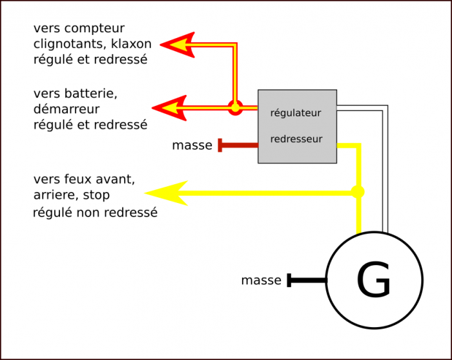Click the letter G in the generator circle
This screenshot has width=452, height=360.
coord(374,281)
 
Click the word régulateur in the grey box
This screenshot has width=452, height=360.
coord(296,113)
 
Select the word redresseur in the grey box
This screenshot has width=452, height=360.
coord(296,139)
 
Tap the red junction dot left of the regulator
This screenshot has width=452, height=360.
coord(236,108)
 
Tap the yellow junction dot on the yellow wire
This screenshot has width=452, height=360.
coord(357,192)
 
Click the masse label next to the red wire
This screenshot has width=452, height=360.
coord(192,145)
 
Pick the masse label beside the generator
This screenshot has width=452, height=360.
coord(261,281)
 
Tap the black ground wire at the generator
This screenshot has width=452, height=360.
coord(307,281)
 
